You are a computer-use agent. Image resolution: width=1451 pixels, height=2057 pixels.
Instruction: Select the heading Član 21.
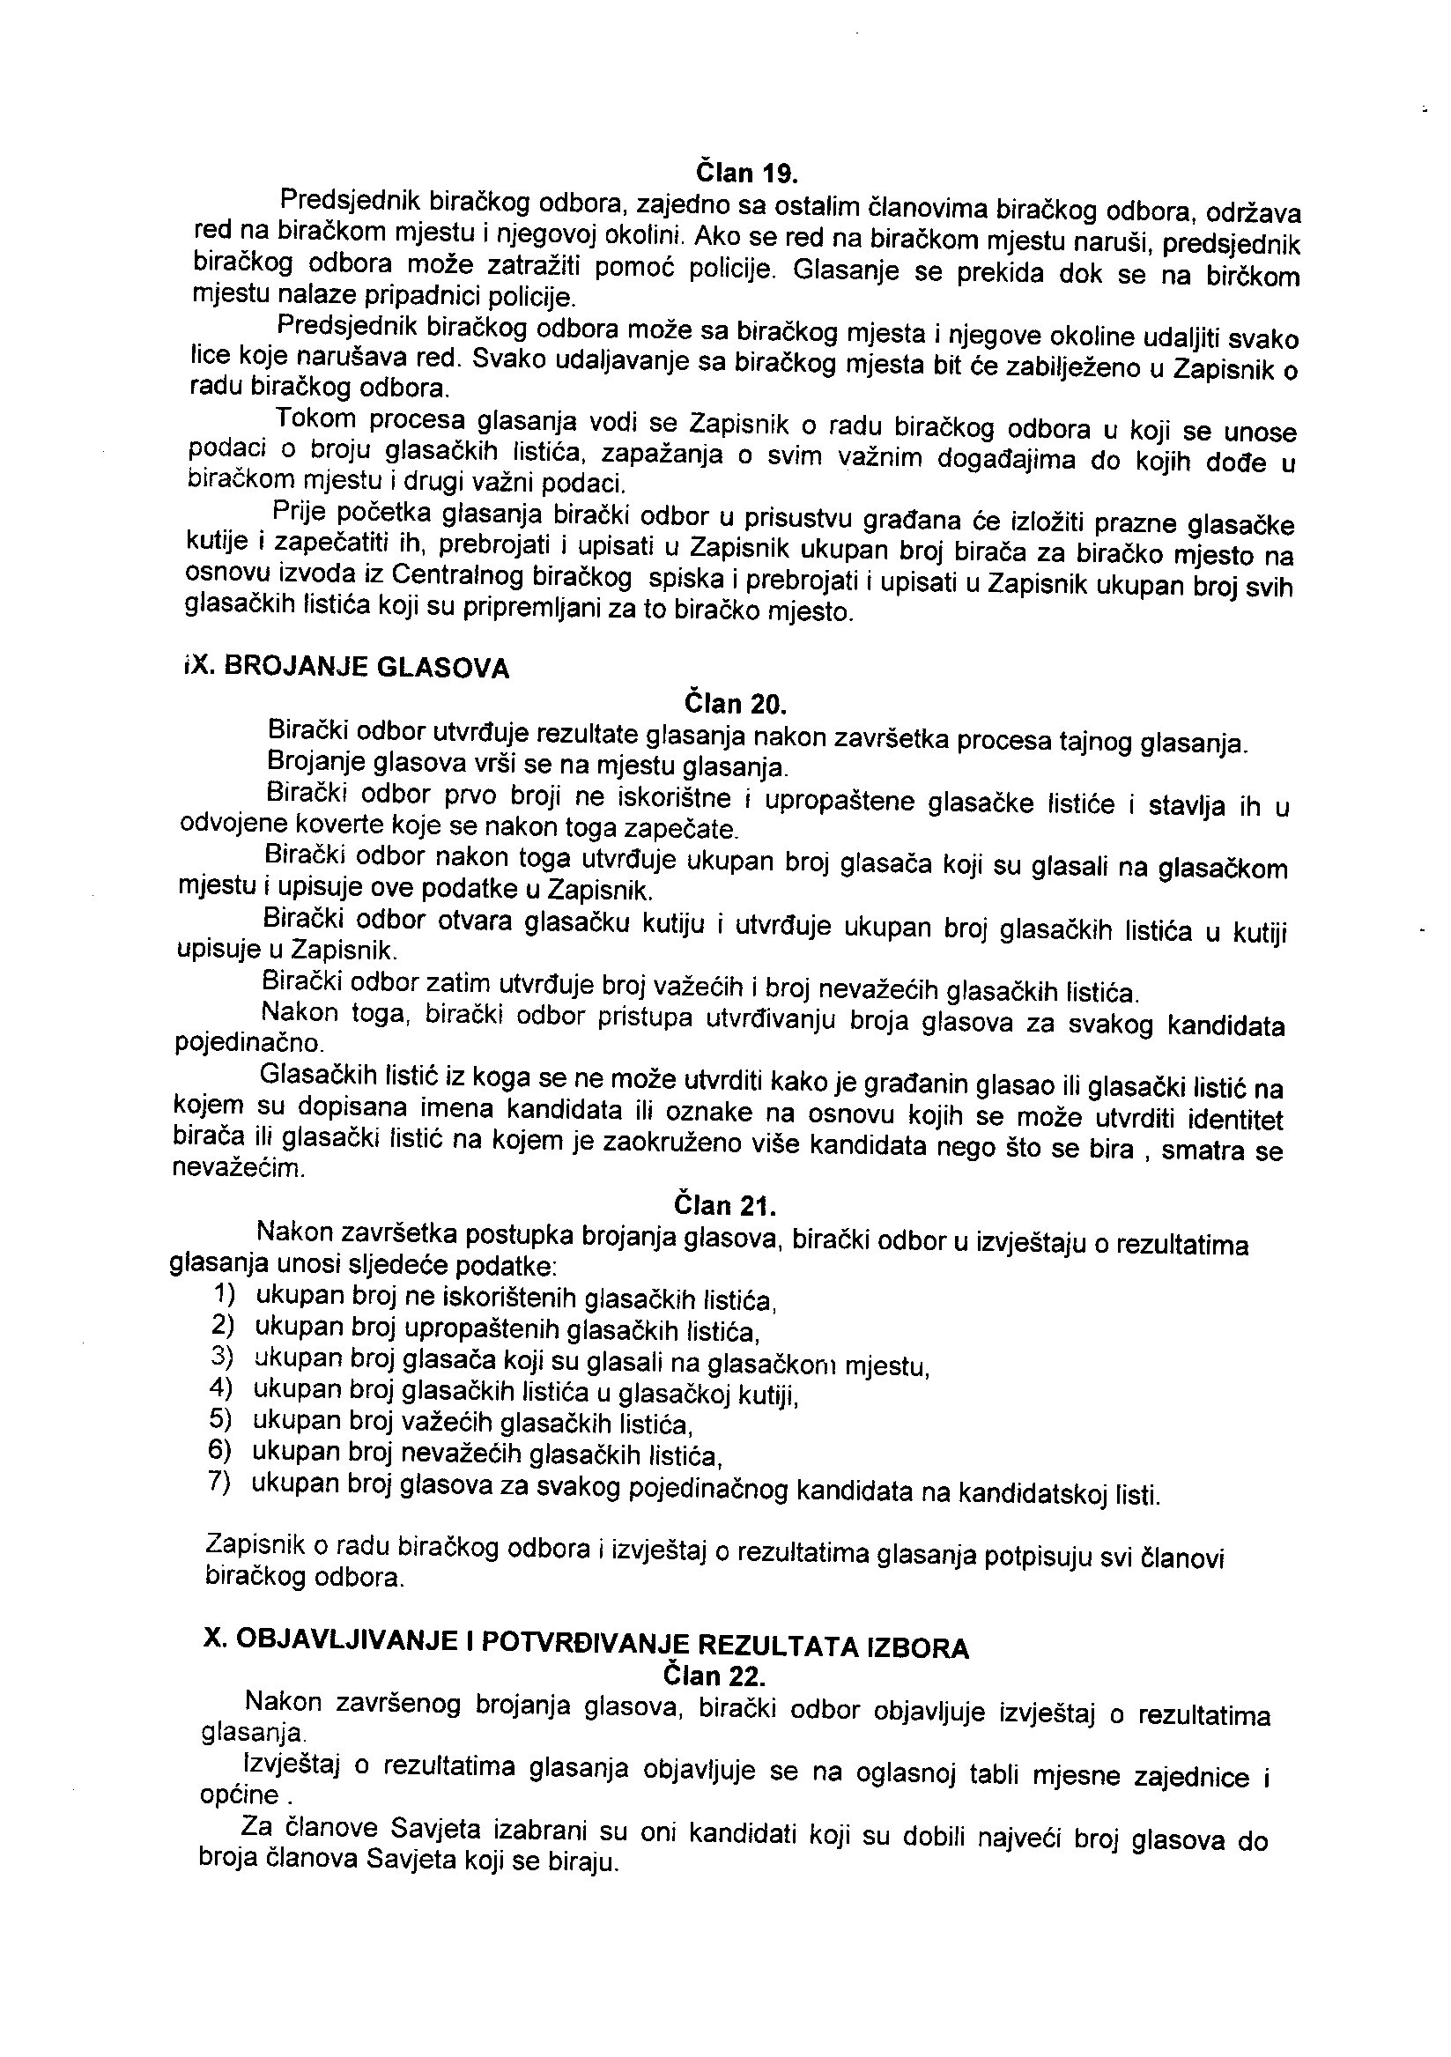click(726, 1206)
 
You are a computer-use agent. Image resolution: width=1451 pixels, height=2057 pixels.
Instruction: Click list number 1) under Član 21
click(225, 1293)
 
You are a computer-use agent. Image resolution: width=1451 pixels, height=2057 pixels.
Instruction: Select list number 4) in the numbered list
click(221, 1388)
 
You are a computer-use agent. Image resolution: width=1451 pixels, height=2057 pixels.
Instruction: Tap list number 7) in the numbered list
click(219, 1482)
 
